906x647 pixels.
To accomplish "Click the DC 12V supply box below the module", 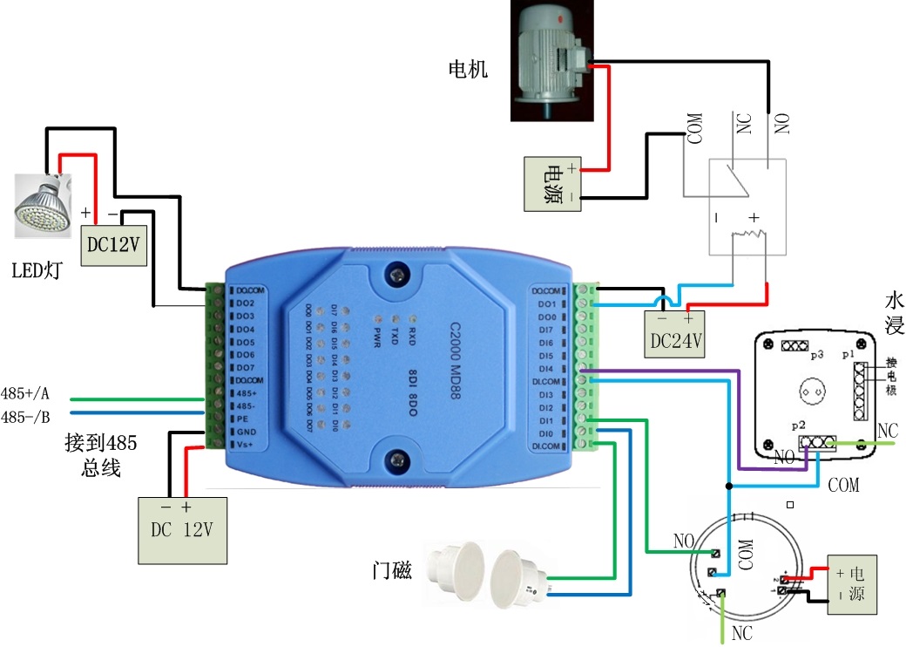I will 183,529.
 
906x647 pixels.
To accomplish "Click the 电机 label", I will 467,69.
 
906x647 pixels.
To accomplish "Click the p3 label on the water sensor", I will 817,357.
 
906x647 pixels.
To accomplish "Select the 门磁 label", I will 390,571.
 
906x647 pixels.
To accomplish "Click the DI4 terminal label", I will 546,369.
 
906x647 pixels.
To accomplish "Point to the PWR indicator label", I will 377,336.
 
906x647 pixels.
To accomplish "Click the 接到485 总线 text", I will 100,455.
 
